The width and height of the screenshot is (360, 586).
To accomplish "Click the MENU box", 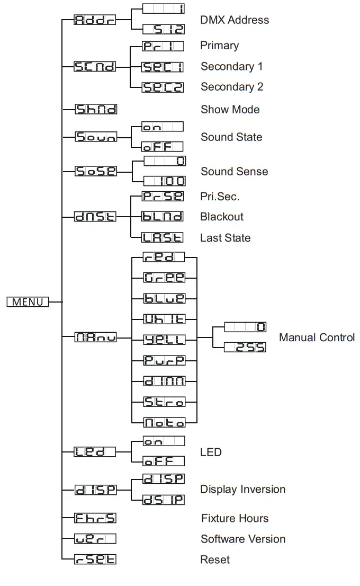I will (x=28, y=302).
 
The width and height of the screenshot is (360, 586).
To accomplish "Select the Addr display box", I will (x=95, y=21).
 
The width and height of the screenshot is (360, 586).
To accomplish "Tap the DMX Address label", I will (x=235, y=20).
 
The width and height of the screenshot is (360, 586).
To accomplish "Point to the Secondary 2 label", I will (x=231, y=87).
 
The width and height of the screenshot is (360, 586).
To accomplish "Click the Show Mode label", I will (x=230, y=110).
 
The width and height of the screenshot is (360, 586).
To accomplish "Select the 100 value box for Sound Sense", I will (x=164, y=181).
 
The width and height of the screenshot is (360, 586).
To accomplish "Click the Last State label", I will (x=225, y=238).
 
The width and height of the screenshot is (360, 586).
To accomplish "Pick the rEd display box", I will (x=164, y=258).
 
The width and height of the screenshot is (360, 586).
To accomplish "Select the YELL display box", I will (x=164, y=340).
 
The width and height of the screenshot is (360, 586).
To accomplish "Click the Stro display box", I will (x=164, y=402).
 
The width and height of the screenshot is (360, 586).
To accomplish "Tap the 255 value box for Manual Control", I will (x=245, y=348).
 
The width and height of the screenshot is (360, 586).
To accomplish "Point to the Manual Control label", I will (x=317, y=338).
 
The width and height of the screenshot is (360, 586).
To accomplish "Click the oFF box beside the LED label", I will (x=164, y=461).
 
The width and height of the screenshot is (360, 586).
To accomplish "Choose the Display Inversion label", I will (x=242, y=490).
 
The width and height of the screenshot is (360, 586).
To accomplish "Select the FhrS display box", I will (x=95, y=518).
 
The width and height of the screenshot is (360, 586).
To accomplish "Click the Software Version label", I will (x=243, y=539).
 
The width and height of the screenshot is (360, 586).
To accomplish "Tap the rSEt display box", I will (x=95, y=560).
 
